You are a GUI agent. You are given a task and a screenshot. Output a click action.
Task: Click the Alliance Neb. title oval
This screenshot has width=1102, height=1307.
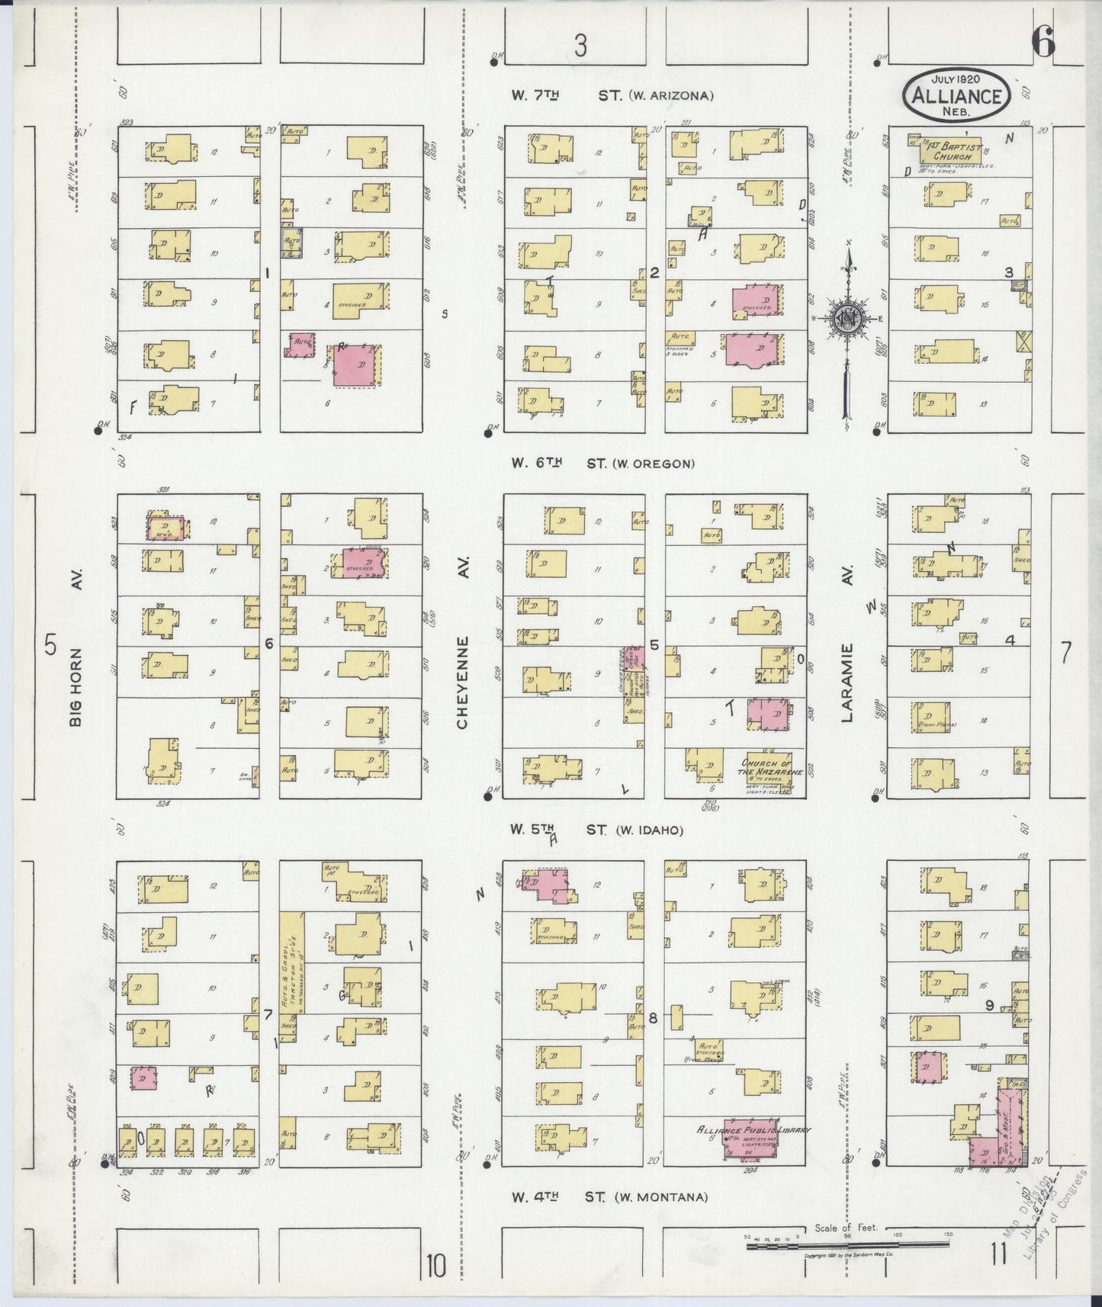point(957,95)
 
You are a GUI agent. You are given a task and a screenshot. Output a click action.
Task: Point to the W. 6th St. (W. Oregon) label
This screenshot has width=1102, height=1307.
point(602,463)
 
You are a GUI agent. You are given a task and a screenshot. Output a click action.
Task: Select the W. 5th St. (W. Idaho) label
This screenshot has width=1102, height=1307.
point(597,830)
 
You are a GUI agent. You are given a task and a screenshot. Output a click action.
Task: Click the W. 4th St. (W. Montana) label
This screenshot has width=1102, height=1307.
point(609,1197)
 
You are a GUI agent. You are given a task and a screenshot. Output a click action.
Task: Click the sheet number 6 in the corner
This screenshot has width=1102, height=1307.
point(1043,44)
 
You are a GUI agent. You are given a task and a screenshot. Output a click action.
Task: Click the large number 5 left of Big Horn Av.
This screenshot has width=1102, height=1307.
point(51,645)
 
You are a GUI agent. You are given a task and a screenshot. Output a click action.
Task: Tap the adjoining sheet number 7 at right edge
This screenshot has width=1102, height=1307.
point(1065,652)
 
